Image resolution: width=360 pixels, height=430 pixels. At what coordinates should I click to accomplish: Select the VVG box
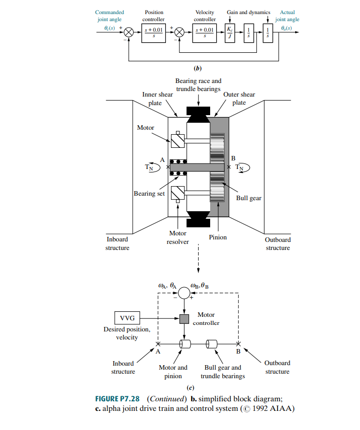click(127, 318)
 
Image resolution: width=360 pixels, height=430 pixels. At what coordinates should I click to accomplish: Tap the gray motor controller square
click(184, 319)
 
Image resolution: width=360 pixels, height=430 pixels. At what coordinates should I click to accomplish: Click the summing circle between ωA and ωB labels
click(184, 292)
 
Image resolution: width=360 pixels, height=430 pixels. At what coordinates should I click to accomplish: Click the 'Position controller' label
click(153, 16)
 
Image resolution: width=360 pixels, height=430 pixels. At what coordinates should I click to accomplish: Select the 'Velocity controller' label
click(205, 16)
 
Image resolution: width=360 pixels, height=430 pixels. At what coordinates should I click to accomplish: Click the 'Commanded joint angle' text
click(109, 16)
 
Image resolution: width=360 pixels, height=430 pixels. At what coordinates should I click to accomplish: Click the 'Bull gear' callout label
click(248, 198)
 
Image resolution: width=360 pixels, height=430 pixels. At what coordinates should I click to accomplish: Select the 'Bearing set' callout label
click(149, 194)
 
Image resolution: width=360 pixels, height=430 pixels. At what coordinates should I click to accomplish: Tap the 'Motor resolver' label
click(177, 237)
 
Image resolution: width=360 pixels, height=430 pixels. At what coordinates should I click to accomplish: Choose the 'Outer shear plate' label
click(239, 98)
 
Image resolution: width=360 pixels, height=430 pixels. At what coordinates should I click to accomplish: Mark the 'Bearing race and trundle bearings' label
click(198, 84)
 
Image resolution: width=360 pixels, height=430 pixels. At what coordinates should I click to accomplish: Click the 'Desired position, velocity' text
click(127, 333)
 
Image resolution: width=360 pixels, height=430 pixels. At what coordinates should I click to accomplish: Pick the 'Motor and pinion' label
click(173, 372)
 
